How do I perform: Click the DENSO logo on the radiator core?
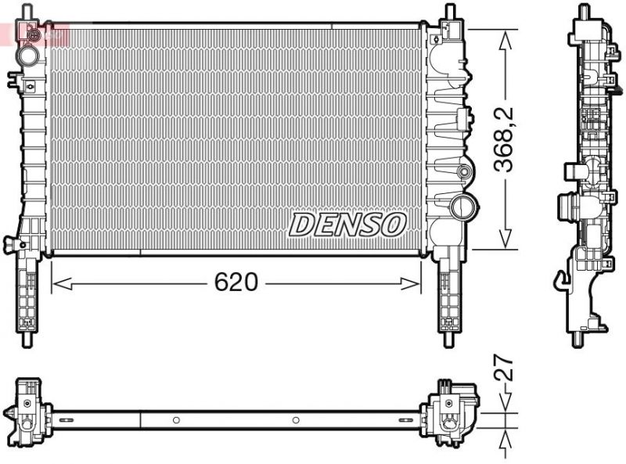[x=347, y=225]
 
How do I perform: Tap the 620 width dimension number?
[x=236, y=282]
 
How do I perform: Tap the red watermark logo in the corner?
[x=35, y=33]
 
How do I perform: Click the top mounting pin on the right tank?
[x=450, y=13]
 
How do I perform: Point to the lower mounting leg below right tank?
[x=449, y=301]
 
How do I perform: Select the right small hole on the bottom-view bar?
[x=296, y=420]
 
